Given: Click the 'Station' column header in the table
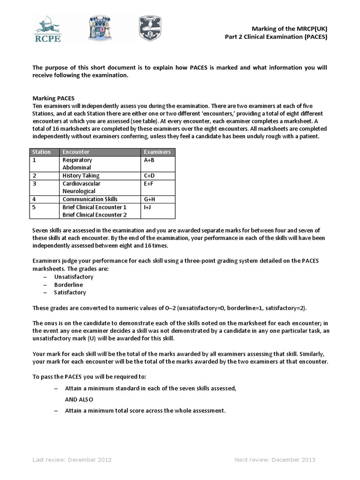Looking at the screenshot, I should point(41,152).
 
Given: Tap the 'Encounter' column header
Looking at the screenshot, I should point(76,152).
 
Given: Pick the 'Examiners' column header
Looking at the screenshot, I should point(157,152).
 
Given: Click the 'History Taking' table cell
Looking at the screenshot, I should point(81,175).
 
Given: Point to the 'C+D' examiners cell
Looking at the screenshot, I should point(150,175).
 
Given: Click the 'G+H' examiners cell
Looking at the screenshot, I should point(150,199).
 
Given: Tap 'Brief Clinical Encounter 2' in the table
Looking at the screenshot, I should point(94,215).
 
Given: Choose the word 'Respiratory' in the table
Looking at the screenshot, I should point(77,160).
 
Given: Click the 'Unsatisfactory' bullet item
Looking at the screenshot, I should point(74,277).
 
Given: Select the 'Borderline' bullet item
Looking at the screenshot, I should point(68,285).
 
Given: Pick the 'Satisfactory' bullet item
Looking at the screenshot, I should point(70,292).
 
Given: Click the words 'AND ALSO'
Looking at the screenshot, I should point(79,399).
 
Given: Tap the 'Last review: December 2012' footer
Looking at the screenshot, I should point(72,459).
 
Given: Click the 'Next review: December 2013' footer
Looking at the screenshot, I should point(275,459).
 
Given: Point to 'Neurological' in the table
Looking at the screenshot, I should point(79,191).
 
